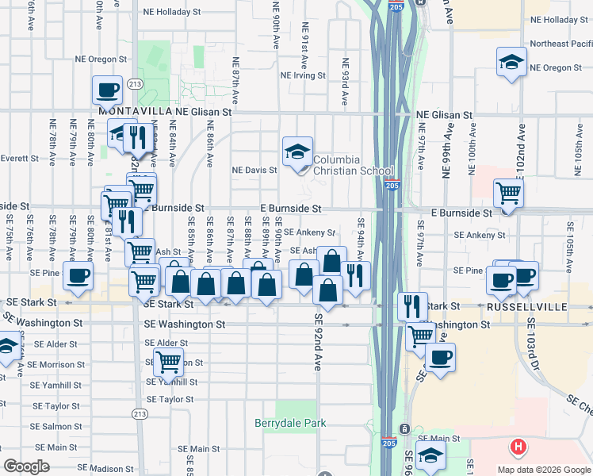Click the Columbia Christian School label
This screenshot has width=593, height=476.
(x=353, y=165)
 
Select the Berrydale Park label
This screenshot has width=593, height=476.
(x=290, y=423)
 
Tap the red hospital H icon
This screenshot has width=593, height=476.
(x=518, y=447)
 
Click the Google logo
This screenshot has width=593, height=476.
(x=26, y=466)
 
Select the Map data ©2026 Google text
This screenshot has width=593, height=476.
(x=543, y=470)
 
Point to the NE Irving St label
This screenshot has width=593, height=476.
(x=301, y=75)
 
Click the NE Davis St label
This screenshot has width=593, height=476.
(x=254, y=170)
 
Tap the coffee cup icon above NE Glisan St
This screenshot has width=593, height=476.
(x=106, y=90)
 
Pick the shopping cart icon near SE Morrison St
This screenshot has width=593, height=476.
(x=168, y=363)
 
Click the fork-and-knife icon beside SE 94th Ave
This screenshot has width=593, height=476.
(x=356, y=275)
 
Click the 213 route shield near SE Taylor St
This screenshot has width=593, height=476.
(x=140, y=413)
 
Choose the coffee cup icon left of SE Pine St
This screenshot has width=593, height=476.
(x=78, y=276)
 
